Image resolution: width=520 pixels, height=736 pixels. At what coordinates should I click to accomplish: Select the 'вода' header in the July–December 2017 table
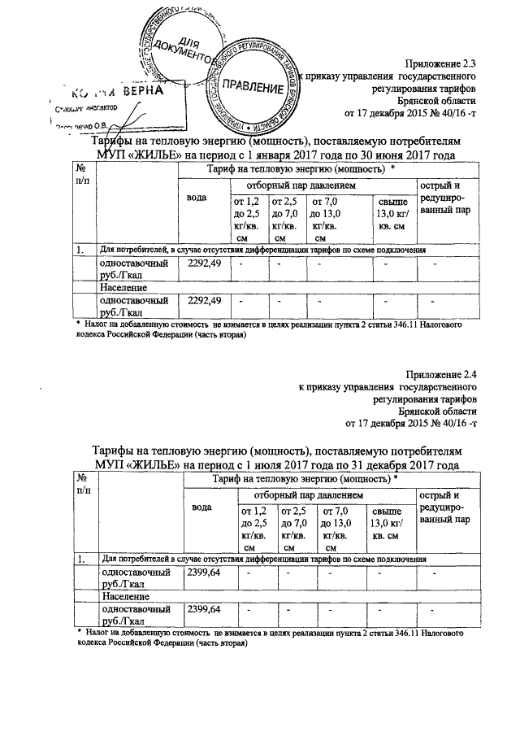[202, 507]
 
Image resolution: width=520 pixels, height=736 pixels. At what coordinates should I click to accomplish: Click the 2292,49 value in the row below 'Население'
[205, 301]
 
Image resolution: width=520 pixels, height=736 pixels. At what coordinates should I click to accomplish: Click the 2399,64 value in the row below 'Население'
[204, 609]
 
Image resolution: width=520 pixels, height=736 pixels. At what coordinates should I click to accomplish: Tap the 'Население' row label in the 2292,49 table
[124, 287]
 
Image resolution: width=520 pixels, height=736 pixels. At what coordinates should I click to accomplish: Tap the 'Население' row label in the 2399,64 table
[124, 596]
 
